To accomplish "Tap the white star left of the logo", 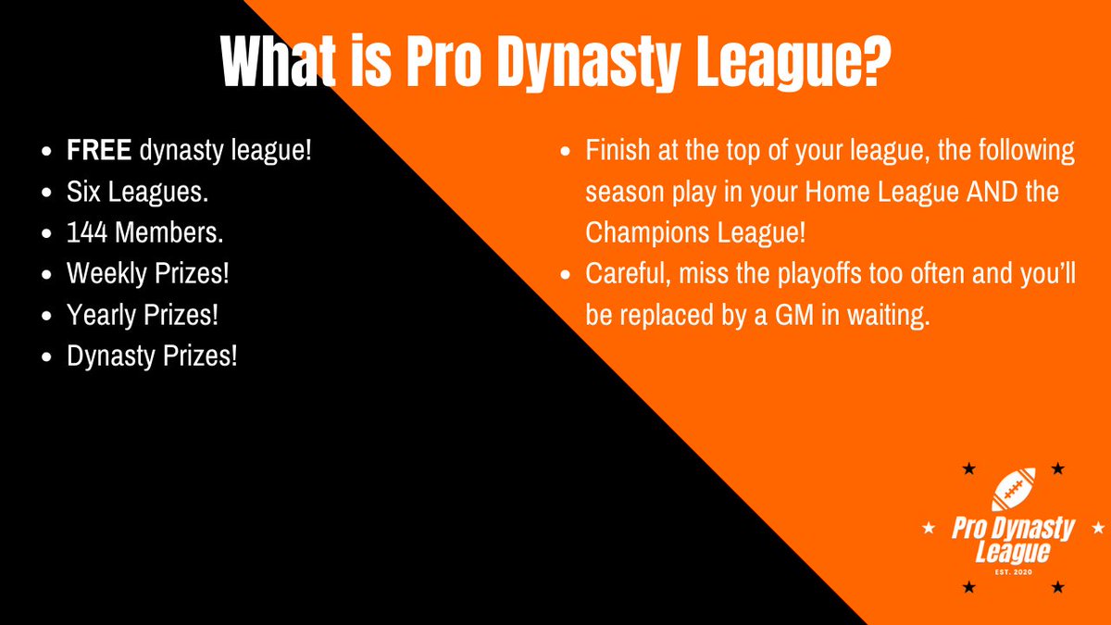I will (929, 530).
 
